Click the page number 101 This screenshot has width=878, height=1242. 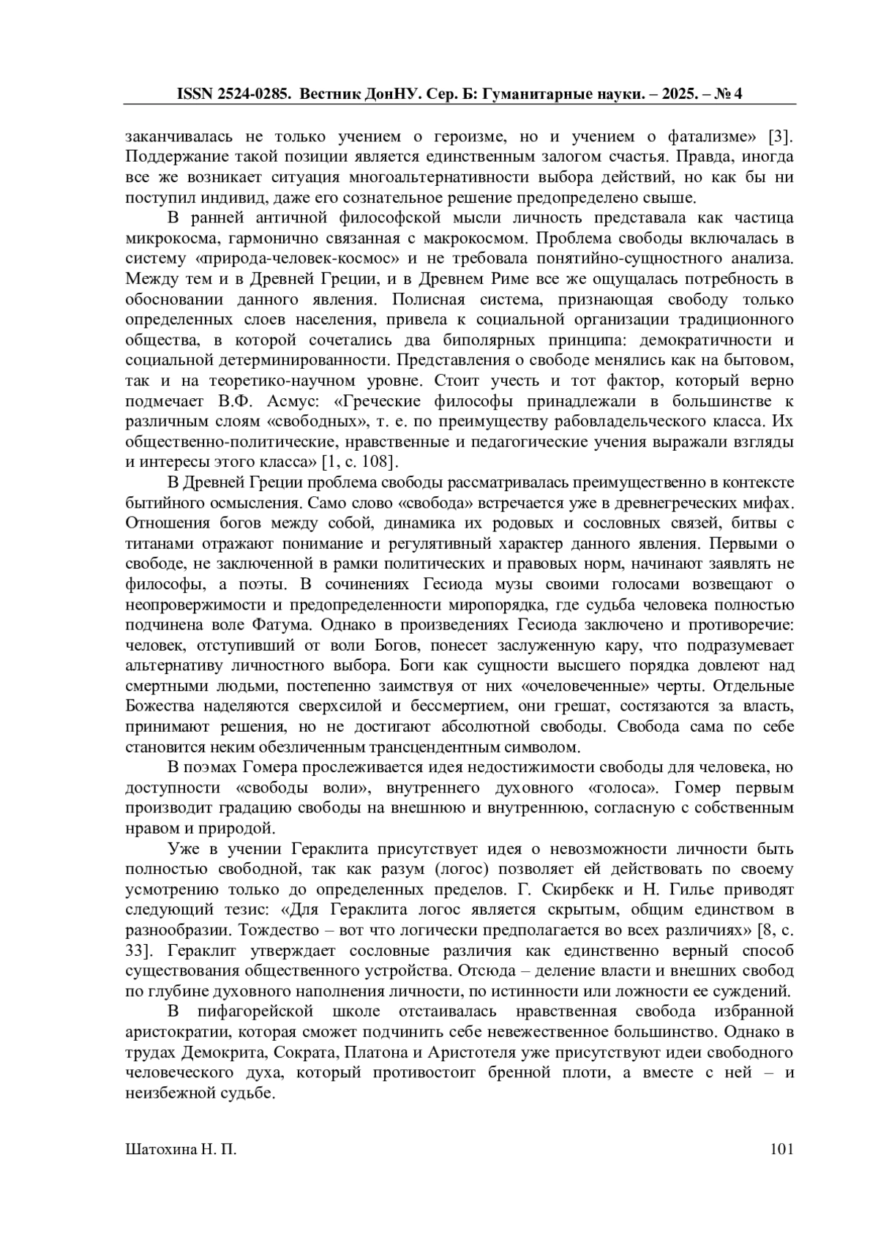click(x=782, y=1150)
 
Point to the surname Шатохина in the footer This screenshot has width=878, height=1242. click(x=162, y=1150)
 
